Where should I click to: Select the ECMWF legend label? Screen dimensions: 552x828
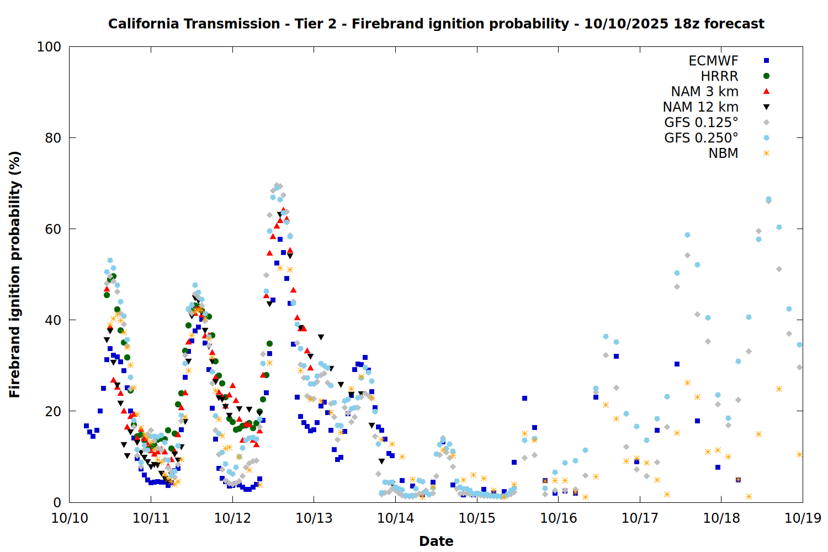click(x=713, y=61)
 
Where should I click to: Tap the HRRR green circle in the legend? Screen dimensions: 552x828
click(x=766, y=76)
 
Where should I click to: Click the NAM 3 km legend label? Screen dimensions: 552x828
click(x=704, y=92)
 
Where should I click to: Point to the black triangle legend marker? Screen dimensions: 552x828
click(x=766, y=107)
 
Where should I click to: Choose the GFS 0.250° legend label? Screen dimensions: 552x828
click(x=701, y=138)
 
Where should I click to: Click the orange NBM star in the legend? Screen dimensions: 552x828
click(x=766, y=153)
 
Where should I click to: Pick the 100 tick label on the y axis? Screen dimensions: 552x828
click(x=49, y=47)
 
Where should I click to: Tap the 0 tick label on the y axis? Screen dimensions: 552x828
click(x=57, y=502)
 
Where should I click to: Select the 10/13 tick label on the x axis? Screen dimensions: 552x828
click(x=314, y=518)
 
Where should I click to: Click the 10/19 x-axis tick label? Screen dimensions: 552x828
click(x=803, y=518)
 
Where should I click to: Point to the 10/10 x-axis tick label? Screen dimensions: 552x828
click(x=70, y=518)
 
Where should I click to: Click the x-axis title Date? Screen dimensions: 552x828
click(x=436, y=541)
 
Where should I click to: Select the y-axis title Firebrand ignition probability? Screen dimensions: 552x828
click(x=15, y=274)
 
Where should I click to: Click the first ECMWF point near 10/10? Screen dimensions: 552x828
click(x=86, y=426)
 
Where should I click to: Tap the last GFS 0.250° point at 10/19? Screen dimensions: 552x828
click(x=799, y=344)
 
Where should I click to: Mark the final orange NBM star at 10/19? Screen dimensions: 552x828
click(x=799, y=454)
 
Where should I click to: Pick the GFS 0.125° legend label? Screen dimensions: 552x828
click(x=701, y=123)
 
